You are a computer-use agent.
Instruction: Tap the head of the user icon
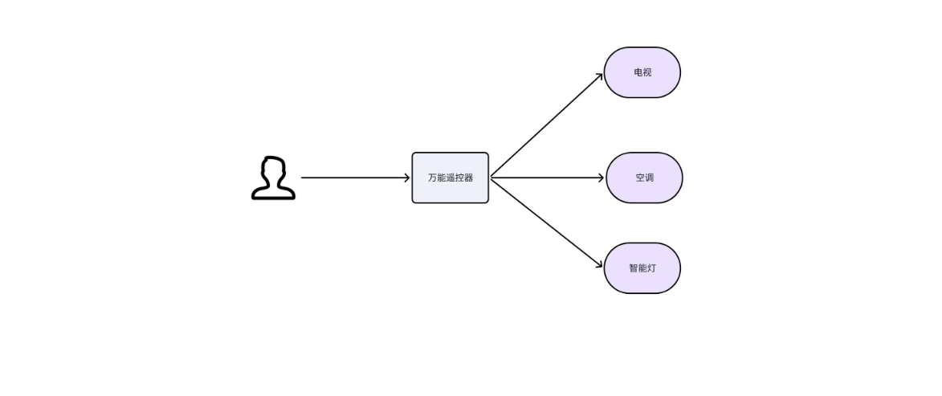pos(273,167)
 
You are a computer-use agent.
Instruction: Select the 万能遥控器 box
pos(450,178)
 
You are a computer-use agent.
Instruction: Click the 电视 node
pos(642,72)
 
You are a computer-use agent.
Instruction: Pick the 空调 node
pos(645,178)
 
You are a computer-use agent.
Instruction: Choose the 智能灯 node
pos(642,268)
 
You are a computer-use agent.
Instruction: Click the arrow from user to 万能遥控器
pos(355,178)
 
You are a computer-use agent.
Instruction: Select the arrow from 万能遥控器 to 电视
pos(547,125)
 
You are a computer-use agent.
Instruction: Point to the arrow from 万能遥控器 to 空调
pos(548,178)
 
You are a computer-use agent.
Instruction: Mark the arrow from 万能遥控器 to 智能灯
pos(547,223)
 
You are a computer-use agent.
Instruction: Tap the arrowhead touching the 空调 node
pos(601,178)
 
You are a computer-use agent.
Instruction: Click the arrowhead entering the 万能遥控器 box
pos(406,178)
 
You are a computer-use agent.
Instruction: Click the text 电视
pos(642,72)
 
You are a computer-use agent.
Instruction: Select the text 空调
pos(645,178)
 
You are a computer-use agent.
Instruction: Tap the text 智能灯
pos(642,268)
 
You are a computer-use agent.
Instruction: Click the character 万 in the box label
pos(433,178)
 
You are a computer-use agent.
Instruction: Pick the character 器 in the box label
pos(469,178)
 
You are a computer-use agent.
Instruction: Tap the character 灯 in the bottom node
pos(651,268)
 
